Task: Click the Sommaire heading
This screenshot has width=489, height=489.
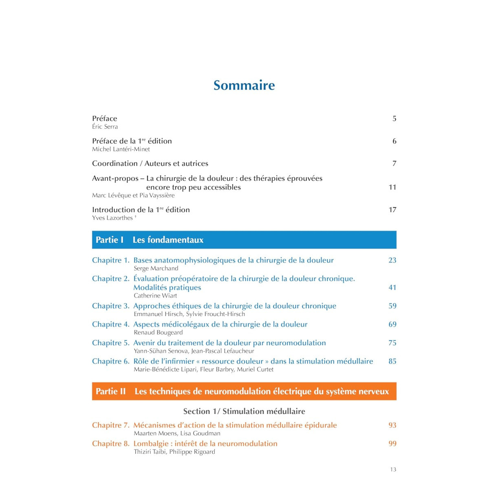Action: pos(244,85)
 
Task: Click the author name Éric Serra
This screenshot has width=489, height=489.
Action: pos(105,127)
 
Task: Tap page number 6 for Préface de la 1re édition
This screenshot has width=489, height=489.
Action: pos(394,141)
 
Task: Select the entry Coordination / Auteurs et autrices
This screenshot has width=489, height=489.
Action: pos(150,163)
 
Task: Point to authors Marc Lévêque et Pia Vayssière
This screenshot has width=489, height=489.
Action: pos(133,195)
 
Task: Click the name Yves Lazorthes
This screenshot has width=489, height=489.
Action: pos(112,218)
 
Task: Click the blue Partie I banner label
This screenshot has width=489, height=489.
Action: pos(110,240)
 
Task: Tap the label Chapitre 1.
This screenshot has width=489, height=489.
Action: pos(110,260)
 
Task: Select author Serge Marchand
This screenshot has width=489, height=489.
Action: pos(156,269)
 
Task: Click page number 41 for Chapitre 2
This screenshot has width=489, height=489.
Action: pos(392,287)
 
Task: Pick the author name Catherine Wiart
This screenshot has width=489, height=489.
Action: pos(155,295)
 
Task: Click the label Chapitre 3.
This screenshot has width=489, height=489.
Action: pos(110,306)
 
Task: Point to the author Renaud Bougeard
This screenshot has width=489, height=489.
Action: pos(158,333)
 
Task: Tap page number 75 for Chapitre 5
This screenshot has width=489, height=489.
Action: pos(392,343)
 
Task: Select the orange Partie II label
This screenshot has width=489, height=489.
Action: pos(111,392)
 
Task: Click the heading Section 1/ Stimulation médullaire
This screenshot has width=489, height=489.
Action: pos(244,411)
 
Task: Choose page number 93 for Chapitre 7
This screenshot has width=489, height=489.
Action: pos(392,425)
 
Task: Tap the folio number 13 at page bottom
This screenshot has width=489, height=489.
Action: pos(393,469)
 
